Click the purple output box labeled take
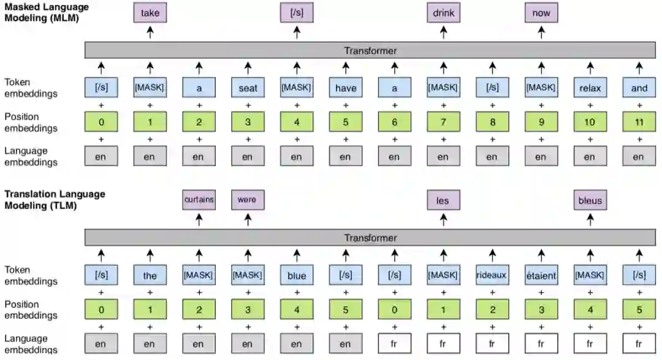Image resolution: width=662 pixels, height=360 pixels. coord(150,13)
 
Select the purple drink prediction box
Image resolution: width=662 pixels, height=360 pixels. coord(443,13)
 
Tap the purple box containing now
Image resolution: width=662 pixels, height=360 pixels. coord(541,13)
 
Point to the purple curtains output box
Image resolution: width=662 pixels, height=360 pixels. coord(199,200)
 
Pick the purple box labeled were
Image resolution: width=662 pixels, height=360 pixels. coord(248,200)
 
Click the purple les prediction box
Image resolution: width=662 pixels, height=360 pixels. coord(443,200)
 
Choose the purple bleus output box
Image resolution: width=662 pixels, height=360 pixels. coord(590,200)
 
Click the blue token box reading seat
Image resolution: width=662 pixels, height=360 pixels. coord(248,88)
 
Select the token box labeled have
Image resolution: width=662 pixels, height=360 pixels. coord(346,88)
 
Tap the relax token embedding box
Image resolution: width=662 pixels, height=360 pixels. coord(590,88)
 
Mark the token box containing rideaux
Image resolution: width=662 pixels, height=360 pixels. coord(492,275)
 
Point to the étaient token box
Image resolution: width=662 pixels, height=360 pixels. coord(541,275)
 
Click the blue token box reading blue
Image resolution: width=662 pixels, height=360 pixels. coord(297,275)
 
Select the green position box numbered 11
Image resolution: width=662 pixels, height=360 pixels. coord(639,122)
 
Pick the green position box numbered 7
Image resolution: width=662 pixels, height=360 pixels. coord(443,122)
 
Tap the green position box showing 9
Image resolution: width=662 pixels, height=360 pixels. coord(541,122)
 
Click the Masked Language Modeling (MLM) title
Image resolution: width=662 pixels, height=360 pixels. coord(47,12)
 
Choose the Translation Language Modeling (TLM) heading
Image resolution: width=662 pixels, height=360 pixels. coord(55,200)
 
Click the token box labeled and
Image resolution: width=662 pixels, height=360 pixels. coord(639,88)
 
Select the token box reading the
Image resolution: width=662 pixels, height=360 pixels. coord(150,275)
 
